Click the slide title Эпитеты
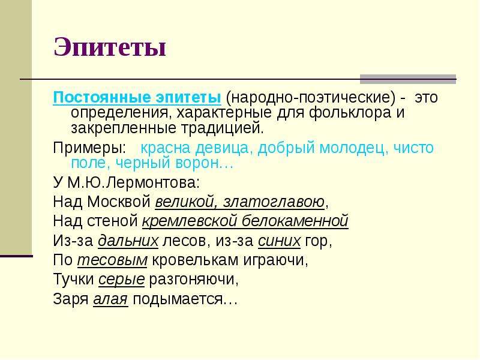pyautogui.click(x=110, y=47)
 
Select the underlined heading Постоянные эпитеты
pyautogui.click(x=137, y=97)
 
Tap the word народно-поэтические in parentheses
pyautogui.click(x=310, y=98)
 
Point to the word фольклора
pyautogui.click(x=350, y=113)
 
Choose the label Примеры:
pyautogui.click(x=89, y=148)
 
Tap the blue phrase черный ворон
pyautogui.click(x=168, y=163)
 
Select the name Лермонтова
pyautogui.click(x=153, y=183)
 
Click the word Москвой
pyautogui.click(x=119, y=202)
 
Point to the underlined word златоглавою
pyautogui.click(x=274, y=202)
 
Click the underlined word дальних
pyautogui.click(x=128, y=241)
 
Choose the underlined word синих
pyautogui.click(x=279, y=241)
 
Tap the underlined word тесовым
pyautogui.click(x=112, y=260)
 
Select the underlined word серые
pyautogui.click(x=122, y=280)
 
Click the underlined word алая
pyautogui.click(x=110, y=299)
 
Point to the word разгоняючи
pyautogui.click(x=194, y=280)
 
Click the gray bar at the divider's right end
pyautogui.click(x=408, y=79)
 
